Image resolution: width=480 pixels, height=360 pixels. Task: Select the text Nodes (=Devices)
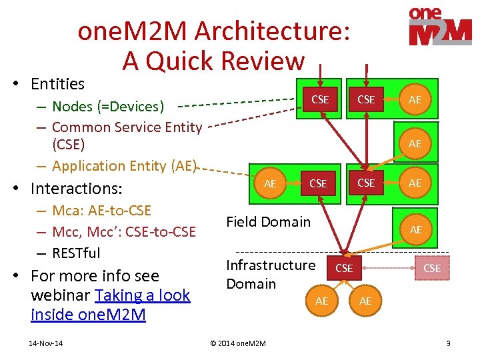pos(108,106)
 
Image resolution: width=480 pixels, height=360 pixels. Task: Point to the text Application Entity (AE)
pos(124,165)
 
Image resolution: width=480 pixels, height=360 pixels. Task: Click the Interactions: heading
pos(61,188)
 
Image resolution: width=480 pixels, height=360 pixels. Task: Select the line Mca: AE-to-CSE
pos(101,211)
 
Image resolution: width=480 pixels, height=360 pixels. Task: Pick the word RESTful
pos(76,253)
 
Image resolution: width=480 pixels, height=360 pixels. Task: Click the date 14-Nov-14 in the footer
pos(46,343)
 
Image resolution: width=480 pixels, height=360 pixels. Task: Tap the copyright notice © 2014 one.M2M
pos(238,343)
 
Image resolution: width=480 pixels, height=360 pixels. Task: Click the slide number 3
pos(448,343)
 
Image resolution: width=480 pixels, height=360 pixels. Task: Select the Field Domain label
pos(268,222)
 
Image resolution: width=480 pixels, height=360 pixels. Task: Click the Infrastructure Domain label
pos(271,274)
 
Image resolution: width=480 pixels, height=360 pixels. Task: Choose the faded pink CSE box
pos(432,268)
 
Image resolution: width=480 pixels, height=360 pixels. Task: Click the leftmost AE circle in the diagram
pos(270,183)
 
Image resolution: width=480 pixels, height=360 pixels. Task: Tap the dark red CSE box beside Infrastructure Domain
pos(344,268)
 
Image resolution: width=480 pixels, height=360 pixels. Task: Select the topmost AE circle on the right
pos(415,100)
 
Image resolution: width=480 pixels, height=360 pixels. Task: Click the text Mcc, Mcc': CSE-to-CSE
pos(123,231)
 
